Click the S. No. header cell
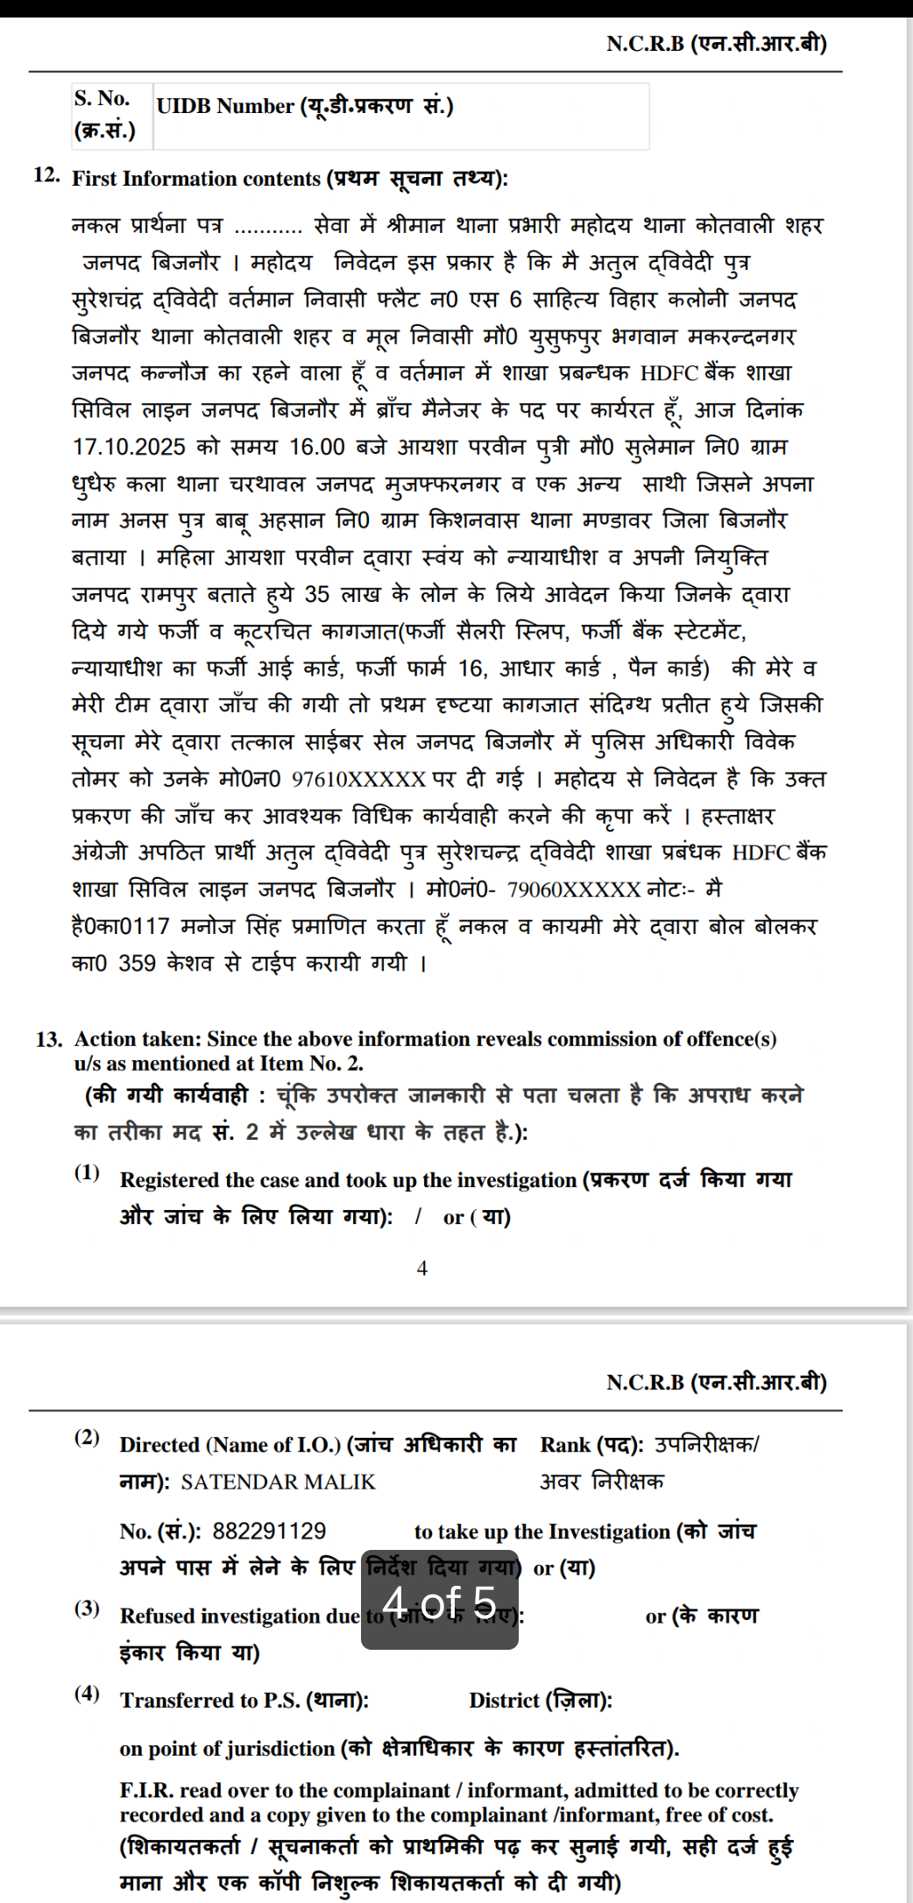(112, 115)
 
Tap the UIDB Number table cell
(400, 116)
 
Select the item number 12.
(46, 174)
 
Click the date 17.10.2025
(129, 447)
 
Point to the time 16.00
(317, 447)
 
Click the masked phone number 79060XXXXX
(574, 890)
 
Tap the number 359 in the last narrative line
(137, 964)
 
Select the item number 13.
(49, 1040)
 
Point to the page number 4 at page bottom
(422, 1268)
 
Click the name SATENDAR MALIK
(278, 1482)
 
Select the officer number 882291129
(269, 1531)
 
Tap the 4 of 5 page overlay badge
(440, 1601)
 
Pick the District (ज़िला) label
(541, 1701)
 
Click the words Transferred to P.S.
(210, 1701)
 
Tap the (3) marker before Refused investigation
(87, 1608)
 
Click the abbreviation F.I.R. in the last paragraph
(146, 1790)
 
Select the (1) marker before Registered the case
(87, 1172)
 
